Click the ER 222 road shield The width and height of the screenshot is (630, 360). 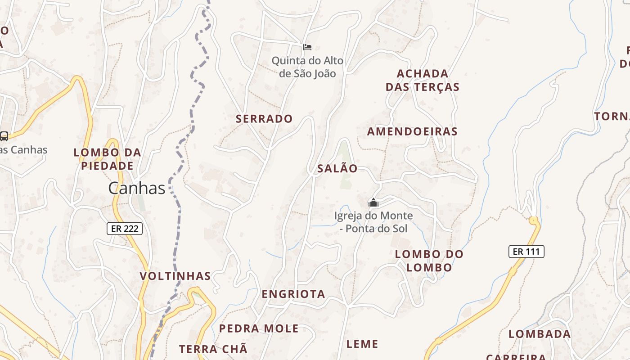pyautogui.click(x=125, y=229)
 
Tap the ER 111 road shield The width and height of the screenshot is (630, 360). pyautogui.click(x=526, y=252)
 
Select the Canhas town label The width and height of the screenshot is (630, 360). pyautogui.click(x=137, y=188)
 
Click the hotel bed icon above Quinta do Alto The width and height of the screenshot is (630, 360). pyautogui.click(x=307, y=47)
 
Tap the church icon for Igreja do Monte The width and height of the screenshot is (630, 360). pyautogui.click(x=373, y=203)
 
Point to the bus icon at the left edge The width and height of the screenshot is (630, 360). pyautogui.click(x=4, y=136)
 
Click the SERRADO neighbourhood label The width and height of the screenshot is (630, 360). pyautogui.click(x=264, y=119)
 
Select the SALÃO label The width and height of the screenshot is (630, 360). pyautogui.click(x=337, y=169)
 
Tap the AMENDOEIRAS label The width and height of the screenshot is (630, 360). pyautogui.click(x=412, y=131)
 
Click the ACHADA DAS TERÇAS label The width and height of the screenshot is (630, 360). pyautogui.click(x=422, y=80)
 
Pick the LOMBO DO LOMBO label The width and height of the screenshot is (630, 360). pyautogui.click(x=429, y=261)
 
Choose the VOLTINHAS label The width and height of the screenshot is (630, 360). pyautogui.click(x=175, y=276)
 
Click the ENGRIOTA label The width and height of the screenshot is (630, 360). pyautogui.click(x=293, y=294)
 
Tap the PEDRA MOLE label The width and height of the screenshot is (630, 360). pyautogui.click(x=259, y=328)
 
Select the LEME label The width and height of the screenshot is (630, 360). pyautogui.click(x=362, y=344)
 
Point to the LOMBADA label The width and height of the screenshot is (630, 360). pyautogui.click(x=539, y=334)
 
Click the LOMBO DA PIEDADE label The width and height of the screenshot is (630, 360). pyautogui.click(x=107, y=159)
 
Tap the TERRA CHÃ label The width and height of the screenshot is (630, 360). pyautogui.click(x=213, y=349)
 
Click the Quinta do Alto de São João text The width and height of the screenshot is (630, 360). pyautogui.click(x=307, y=67)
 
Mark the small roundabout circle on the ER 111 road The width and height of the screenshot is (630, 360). pyautogui.click(x=534, y=220)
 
